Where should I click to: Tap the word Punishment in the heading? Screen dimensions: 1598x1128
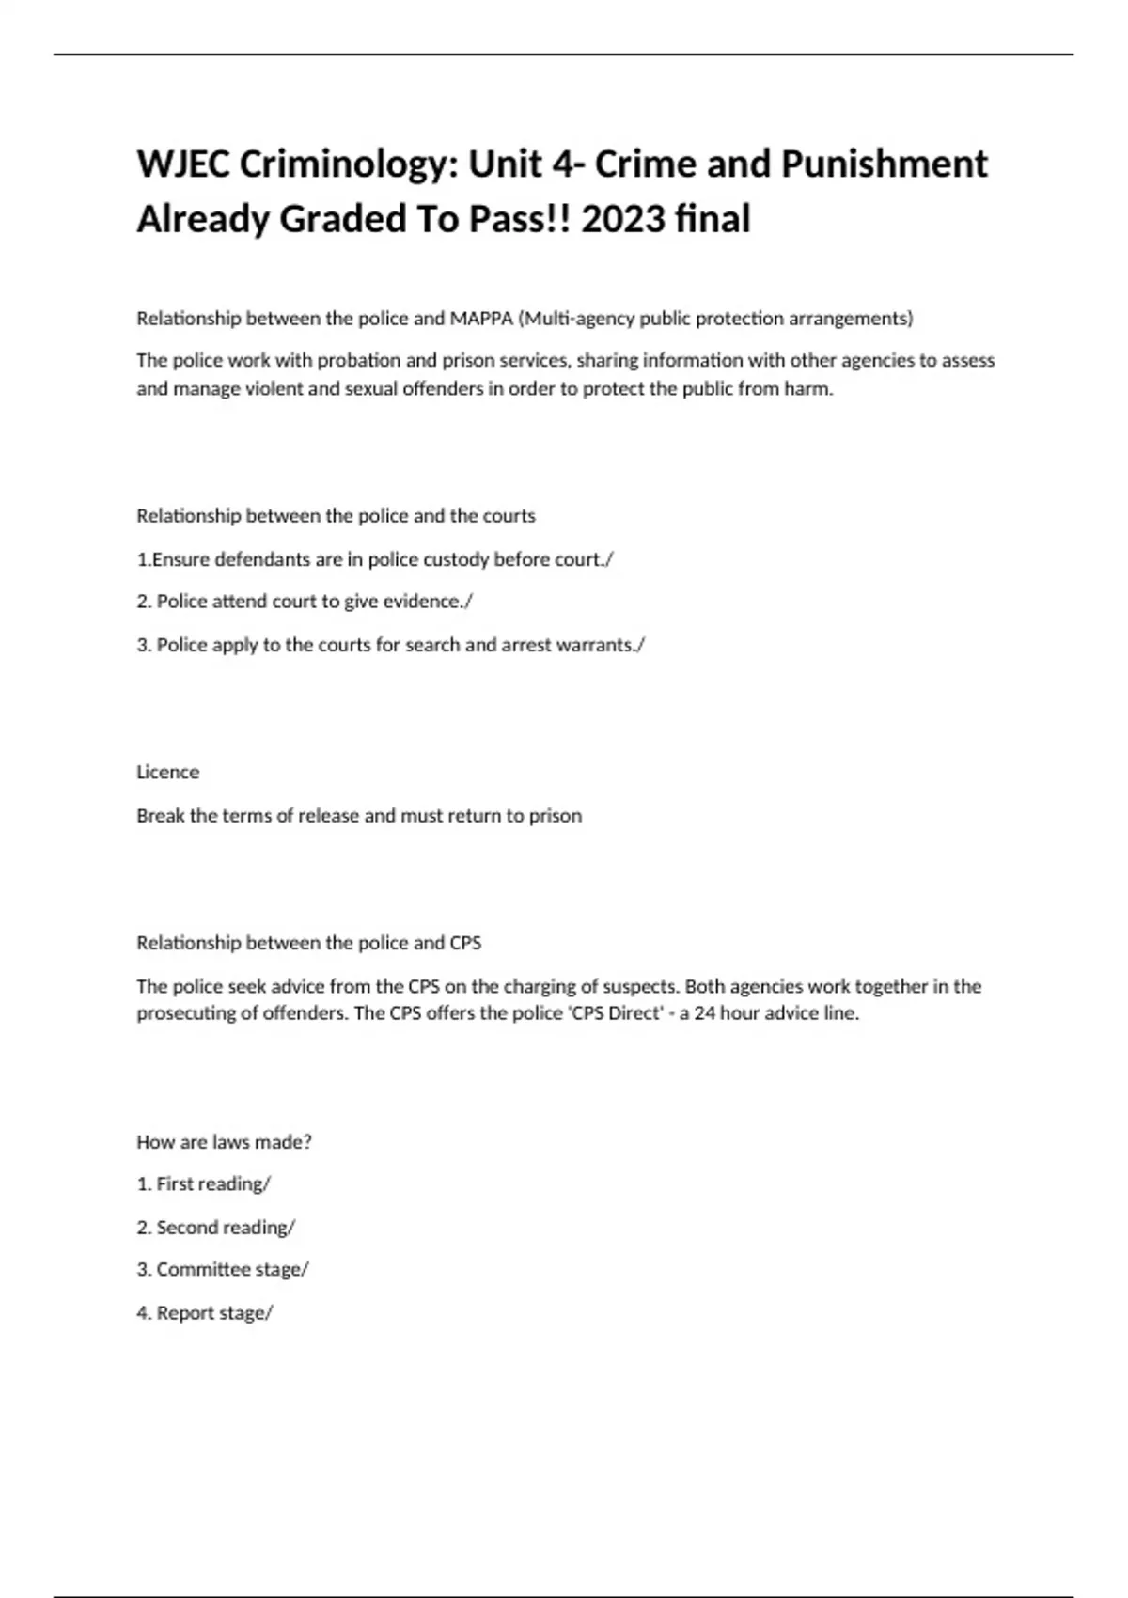(x=885, y=164)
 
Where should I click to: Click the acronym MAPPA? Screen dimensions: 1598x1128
(x=481, y=319)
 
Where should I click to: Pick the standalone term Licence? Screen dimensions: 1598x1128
(x=168, y=772)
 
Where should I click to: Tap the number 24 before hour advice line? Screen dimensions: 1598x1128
(x=704, y=1013)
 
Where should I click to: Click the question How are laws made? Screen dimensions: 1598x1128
(x=224, y=1142)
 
